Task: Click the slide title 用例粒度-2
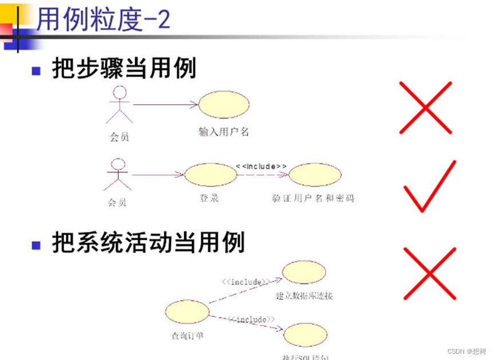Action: click(103, 21)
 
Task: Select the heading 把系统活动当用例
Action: click(148, 243)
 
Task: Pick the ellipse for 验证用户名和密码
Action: click(314, 175)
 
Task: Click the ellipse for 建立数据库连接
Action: click(304, 272)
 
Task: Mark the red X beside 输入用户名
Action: click(425, 108)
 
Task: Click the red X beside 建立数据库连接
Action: click(429, 273)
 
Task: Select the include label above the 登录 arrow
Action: click(261, 165)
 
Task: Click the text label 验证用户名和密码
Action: click(313, 199)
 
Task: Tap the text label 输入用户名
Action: click(224, 132)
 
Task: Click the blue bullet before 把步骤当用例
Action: click(36, 71)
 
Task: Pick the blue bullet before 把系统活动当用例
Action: click(36, 245)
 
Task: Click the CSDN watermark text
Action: click(466, 351)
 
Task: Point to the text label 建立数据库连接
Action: click(304, 296)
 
